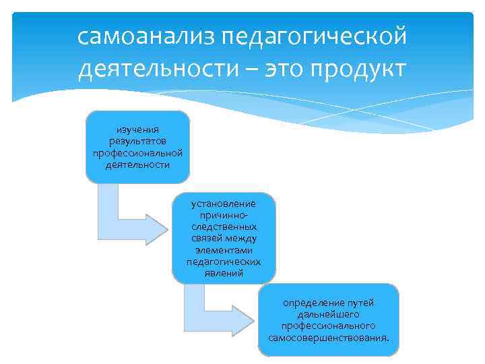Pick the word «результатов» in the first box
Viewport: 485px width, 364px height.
pyautogui.click(x=137, y=141)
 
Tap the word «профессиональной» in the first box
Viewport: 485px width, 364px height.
pyautogui.click(x=137, y=152)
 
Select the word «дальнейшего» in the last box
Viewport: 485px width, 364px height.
pyautogui.click(x=328, y=314)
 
